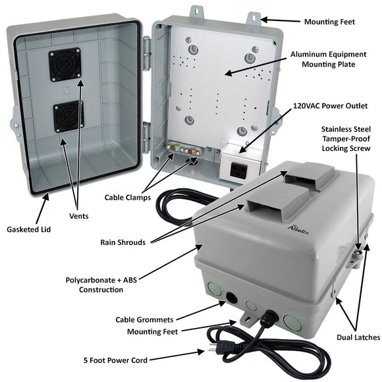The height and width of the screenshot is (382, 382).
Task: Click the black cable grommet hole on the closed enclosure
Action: tap(231, 298)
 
